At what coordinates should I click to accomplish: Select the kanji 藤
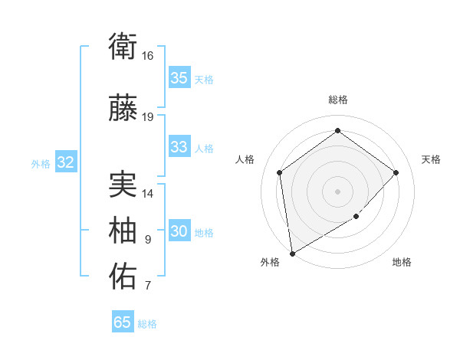[123, 109]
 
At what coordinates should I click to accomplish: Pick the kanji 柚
[123, 231]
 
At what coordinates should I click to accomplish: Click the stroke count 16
[148, 56]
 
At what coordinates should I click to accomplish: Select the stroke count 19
[148, 116]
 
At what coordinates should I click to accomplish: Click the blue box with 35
[179, 78]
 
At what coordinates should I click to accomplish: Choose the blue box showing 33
[179, 147]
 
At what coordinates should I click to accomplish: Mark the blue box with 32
[65, 162]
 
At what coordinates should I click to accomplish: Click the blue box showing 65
[122, 322]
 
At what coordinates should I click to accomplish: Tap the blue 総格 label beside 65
[147, 324]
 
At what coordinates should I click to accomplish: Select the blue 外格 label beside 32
[41, 163]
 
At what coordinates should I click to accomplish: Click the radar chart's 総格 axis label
[337, 100]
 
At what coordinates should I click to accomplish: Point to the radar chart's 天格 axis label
[431, 159]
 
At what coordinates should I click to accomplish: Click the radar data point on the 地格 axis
[356, 217]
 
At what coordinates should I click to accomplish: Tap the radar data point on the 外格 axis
[292, 253]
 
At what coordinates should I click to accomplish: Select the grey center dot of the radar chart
[337, 191]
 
